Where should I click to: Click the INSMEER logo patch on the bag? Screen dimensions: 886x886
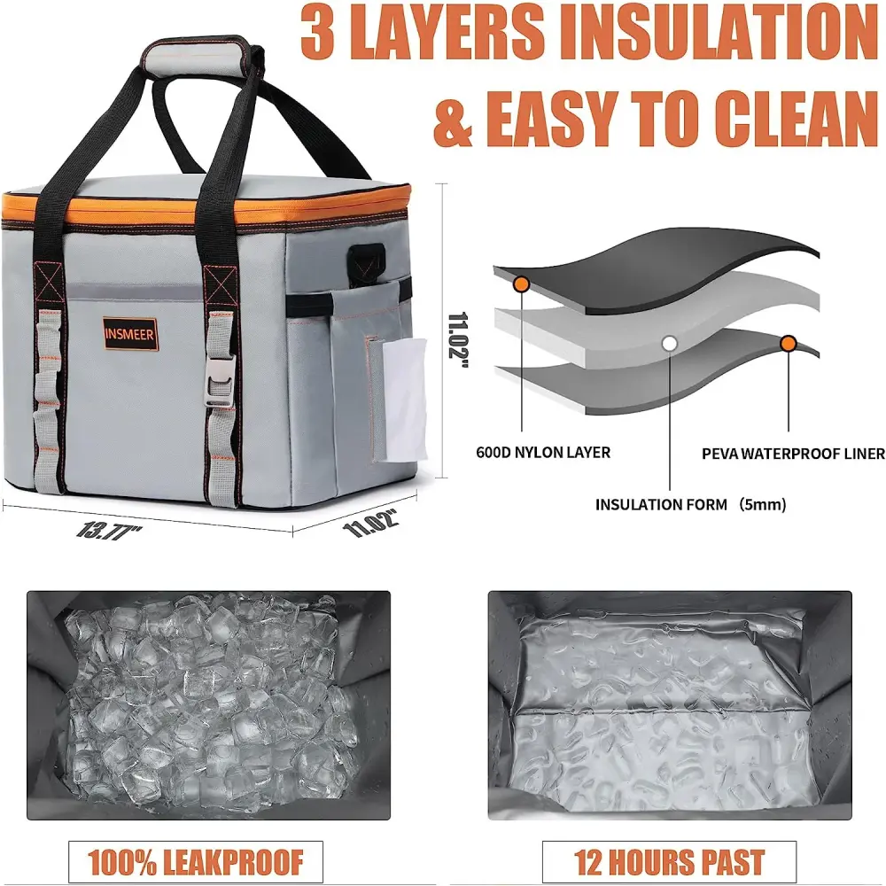click(x=128, y=333)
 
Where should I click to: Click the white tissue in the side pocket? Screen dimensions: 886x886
click(x=405, y=400)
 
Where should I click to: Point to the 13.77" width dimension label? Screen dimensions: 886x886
click(x=108, y=531)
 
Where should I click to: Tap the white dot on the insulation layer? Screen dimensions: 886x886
click(x=670, y=343)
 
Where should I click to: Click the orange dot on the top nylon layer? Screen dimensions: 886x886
click(x=521, y=284)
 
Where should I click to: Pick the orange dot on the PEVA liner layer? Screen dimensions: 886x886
click(x=788, y=344)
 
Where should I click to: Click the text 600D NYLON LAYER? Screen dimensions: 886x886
click(x=543, y=453)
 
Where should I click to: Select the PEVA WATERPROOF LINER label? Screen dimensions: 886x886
click(x=793, y=454)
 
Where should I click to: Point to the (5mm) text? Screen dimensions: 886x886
click(x=762, y=505)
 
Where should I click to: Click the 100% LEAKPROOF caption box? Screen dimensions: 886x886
click(x=196, y=861)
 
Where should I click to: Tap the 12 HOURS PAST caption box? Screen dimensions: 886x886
click(x=669, y=861)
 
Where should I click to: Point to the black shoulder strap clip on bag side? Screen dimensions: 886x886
click(x=366, y=260)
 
